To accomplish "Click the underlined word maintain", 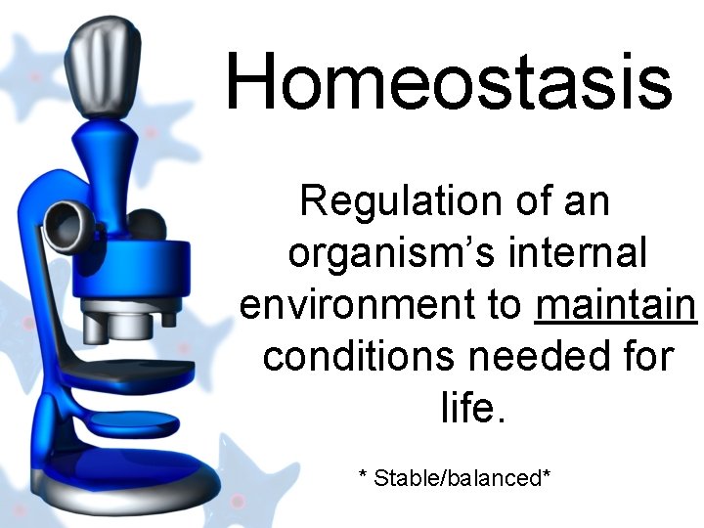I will point(616,305).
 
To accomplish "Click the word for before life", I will point(641,356).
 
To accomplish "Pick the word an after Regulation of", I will point(587,201).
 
